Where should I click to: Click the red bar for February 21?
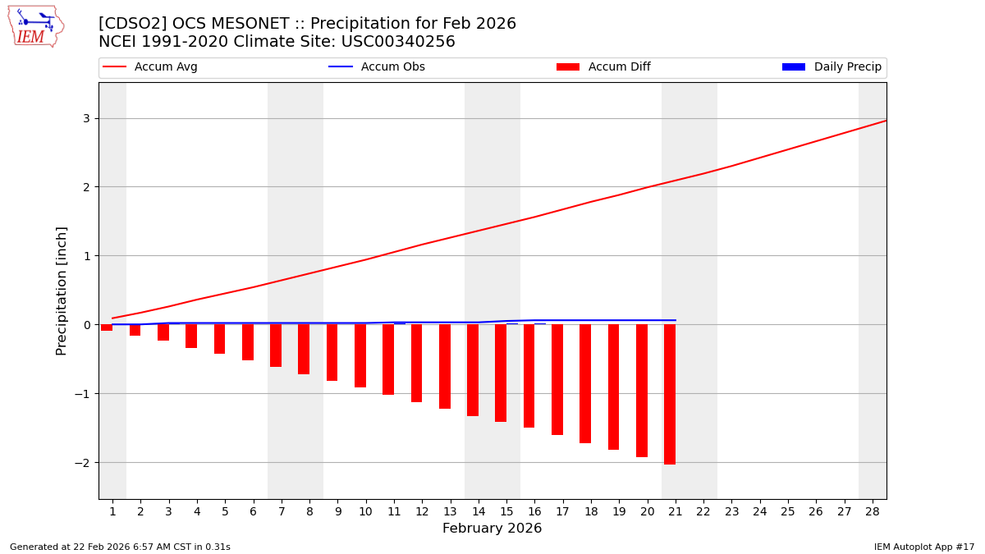[670, 394]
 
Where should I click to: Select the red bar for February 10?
[360, 355]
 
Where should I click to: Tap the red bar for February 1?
[107, 327]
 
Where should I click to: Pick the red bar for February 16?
[529, 376]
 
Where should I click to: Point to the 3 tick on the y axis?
[86, 118]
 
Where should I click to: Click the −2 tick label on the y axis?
[83, 462]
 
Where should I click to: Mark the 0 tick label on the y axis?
[86, 325]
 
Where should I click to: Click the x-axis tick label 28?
[873, 511]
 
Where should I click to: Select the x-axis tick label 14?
[479, 511]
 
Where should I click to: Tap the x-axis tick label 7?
[282, 511]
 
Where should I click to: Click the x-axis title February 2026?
[492, 529]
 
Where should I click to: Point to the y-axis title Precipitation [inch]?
[62, 291]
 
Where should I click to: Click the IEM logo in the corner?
[35, 26]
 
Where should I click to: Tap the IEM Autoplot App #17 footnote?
[923, 547]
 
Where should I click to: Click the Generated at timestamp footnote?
[120, 547]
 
